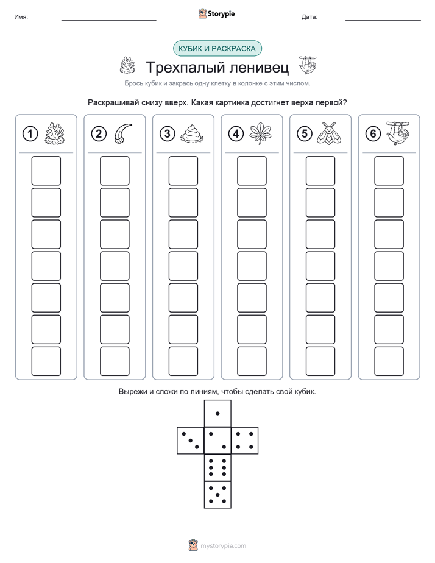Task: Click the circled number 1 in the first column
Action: pos(30,134)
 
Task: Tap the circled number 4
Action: pos(236,134)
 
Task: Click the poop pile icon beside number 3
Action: pos(193,134)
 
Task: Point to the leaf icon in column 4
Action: pos(261,134)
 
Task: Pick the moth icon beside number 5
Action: pos(328,134)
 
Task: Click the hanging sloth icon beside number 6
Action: pos(398,133)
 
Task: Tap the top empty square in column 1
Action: pos(46,171)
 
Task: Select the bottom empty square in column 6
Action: pos(389,361)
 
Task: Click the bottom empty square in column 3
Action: pos(183,361)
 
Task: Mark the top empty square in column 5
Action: pos(320,171)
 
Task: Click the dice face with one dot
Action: pos(217,413)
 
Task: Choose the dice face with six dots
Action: pos(217,467)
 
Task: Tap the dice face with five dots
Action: pos(217,495)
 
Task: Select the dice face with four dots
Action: pos(245,441)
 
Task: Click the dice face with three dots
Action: pos(191,441)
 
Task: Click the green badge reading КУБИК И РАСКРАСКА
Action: pos(217,49)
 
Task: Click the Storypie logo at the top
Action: pos(216,14)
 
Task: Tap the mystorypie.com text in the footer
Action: pos(223,546)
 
